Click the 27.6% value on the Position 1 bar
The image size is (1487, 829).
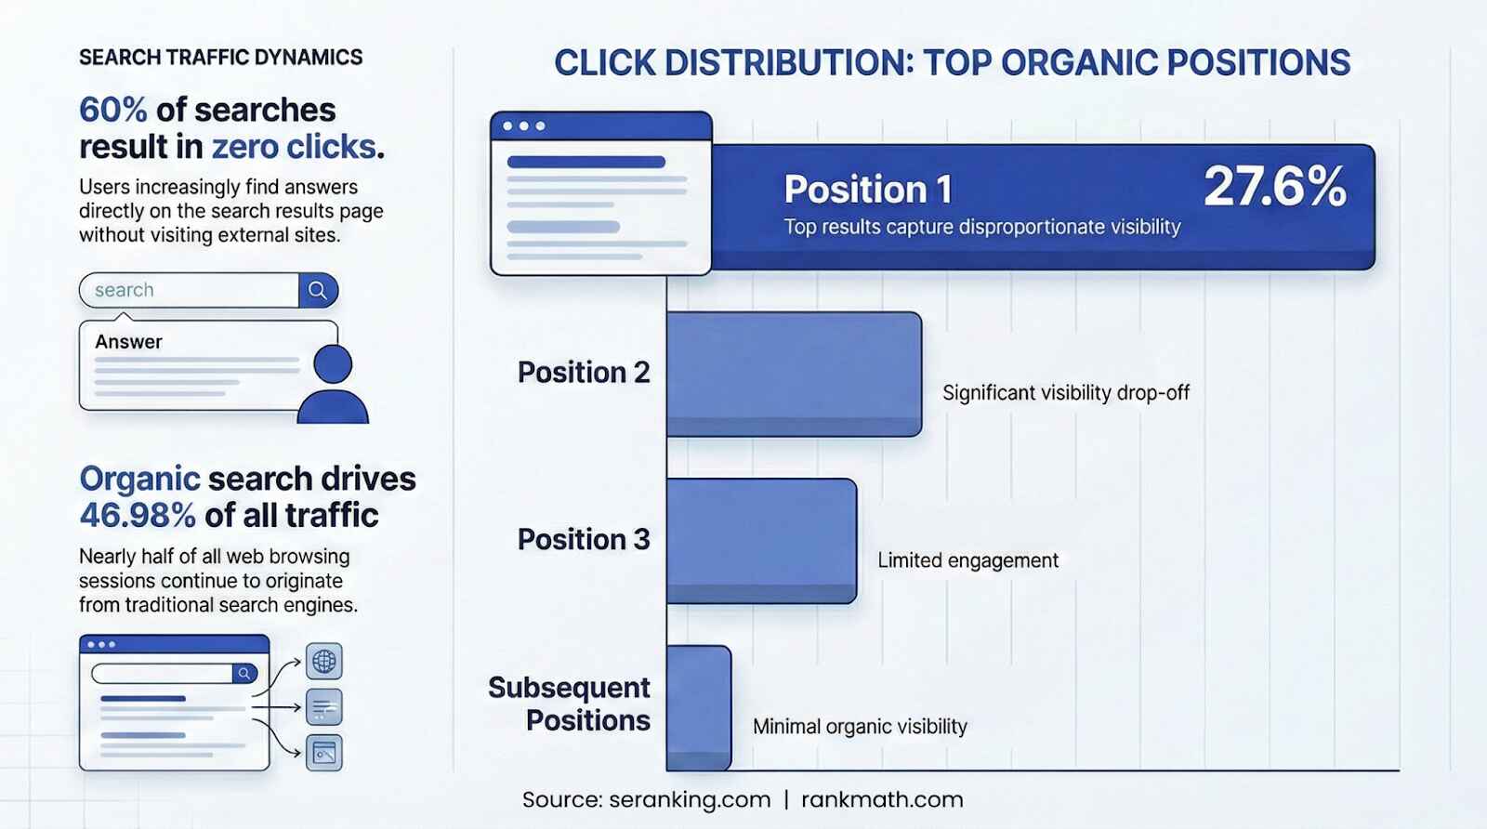tap(1274, 187)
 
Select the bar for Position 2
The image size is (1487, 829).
tap(794, 374)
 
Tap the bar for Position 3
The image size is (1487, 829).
tap(761, 541)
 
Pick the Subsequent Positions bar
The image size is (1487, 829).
tap(699, 707)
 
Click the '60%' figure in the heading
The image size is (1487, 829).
tap(112, 110)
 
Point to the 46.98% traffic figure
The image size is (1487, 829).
tap(138, 515)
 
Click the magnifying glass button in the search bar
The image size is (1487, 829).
tap(318, 290)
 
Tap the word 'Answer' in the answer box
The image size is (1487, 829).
tap(128, 342)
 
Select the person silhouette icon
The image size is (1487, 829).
tap(333, 385)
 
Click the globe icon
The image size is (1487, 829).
tap(324, 661)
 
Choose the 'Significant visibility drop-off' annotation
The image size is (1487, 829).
tap(1065, 393)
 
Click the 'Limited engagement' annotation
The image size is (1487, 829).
tap(967, 560)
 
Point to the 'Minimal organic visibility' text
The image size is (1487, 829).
tap(860, 727)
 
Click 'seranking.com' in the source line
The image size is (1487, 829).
tap(690, 799)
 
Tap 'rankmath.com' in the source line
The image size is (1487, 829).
tap(882, 799)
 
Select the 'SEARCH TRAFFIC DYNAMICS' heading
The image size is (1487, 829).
tap(220, 58)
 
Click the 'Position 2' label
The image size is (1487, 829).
tap(584, 373)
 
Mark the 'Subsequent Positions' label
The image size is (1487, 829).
tap(570, 704)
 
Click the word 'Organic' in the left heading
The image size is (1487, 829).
tap(139, 479)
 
